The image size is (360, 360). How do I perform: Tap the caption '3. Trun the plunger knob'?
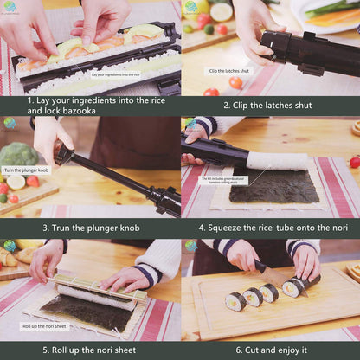click(x=90, y=228)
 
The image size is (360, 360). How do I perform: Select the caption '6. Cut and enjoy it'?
click(x=270, y=350)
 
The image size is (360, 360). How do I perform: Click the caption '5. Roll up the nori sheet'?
click(x=90, y=350)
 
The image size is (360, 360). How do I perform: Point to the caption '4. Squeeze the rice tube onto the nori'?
click(x=270, y=228)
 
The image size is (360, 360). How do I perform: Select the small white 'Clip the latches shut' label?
click(x=228, y=71)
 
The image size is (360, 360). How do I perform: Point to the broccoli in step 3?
click(x=17, y=157)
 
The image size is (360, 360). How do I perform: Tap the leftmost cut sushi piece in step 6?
click(x=235, y=301)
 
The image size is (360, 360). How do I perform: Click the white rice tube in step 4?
click(x=277, y=160)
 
